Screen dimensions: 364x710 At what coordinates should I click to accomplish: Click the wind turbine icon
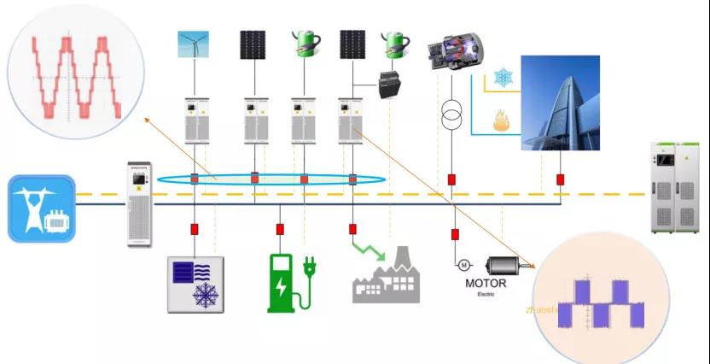click(x=192, y=44)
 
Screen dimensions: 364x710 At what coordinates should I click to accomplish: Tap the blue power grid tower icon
click(x=41, y=208)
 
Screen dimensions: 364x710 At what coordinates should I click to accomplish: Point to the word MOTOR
click(x=486, y=284)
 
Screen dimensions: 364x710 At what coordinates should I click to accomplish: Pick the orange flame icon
click(x=502, y=120)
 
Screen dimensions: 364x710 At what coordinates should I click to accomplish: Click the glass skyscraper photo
click(x=560, y=103)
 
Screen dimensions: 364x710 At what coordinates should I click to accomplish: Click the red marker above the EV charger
click(x=280, y=230)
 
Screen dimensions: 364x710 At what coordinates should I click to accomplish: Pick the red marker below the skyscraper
click(x=561, y=180)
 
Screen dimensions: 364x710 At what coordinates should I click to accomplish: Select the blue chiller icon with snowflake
click(x=195, y=284)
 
